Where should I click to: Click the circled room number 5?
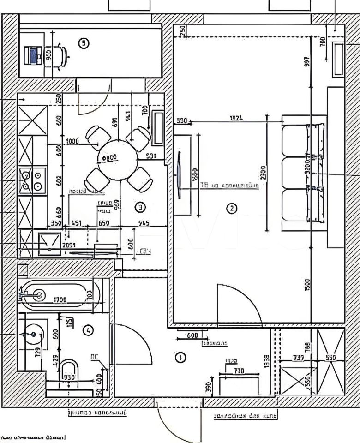[x=84, y=43]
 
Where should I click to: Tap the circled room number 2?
[x=231, y=208]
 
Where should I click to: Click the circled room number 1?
[x=180, y=357]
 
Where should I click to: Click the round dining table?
[x=119, y=159]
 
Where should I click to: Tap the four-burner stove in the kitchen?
[x=32, y=180]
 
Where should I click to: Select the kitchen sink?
[x=49, y=243]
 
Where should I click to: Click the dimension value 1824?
[x=236, y=118]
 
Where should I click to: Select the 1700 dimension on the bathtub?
[x=60, y=300]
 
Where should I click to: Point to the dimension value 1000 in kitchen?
[x=72, y=141]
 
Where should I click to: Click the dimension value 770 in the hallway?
[x=238, y=370]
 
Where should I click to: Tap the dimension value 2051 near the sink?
[x=68, y=245]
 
